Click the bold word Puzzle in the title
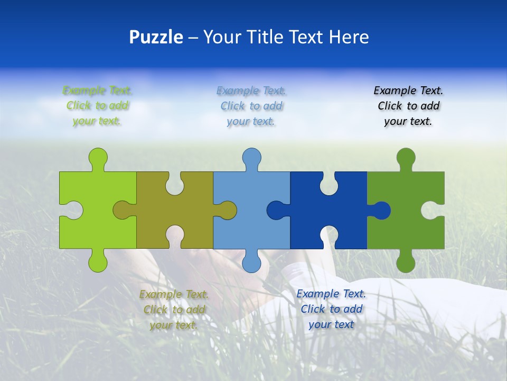click(x=156, y=37)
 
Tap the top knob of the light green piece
click(x=98, y=157)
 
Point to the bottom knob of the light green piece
click(x=98, y=262)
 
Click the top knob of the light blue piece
click(x=251, y=157)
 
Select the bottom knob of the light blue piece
click(x=251, y=262)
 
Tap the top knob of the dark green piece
click(x=406, y=157)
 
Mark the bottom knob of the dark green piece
click(x=406, y=262)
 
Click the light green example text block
click(x=98, y=106)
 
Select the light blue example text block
click(x=251, y=106)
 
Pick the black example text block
click(x=408, y=106)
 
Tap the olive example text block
click(x=174, y=310)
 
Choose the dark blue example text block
click(x=331, y=309)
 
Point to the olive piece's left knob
click(x=123, y=210)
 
